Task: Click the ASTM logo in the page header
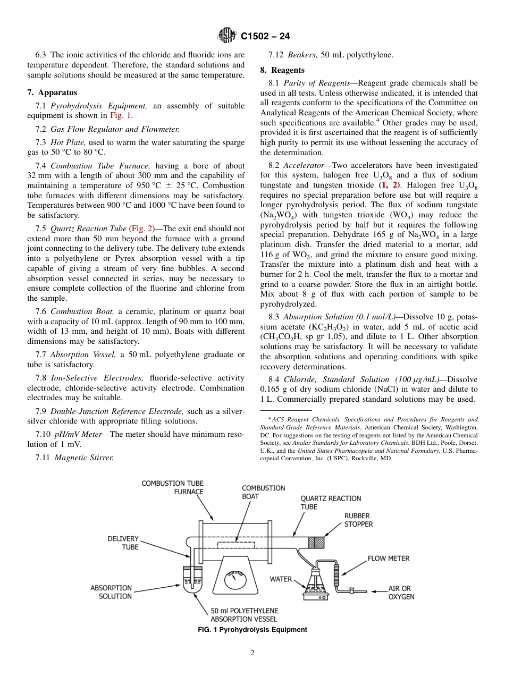(227, 36)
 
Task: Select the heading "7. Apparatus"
(52, 92)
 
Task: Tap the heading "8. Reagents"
(282, 70)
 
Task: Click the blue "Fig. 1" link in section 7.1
(121, 115)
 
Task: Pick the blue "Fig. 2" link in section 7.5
(141, 229)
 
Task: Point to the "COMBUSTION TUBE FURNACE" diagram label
(172, 487)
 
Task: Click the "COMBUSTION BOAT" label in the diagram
(263, 492)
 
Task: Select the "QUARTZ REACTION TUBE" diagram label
(331, 502)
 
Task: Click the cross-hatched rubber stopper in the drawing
(316, 542)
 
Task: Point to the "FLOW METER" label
(389, 559)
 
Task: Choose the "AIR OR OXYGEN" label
(401, 593)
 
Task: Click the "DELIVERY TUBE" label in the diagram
(123, 543)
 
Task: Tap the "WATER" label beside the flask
(281, 579)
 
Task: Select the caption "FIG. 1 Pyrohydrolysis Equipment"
(252, 630)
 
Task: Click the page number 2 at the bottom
(252, 653)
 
